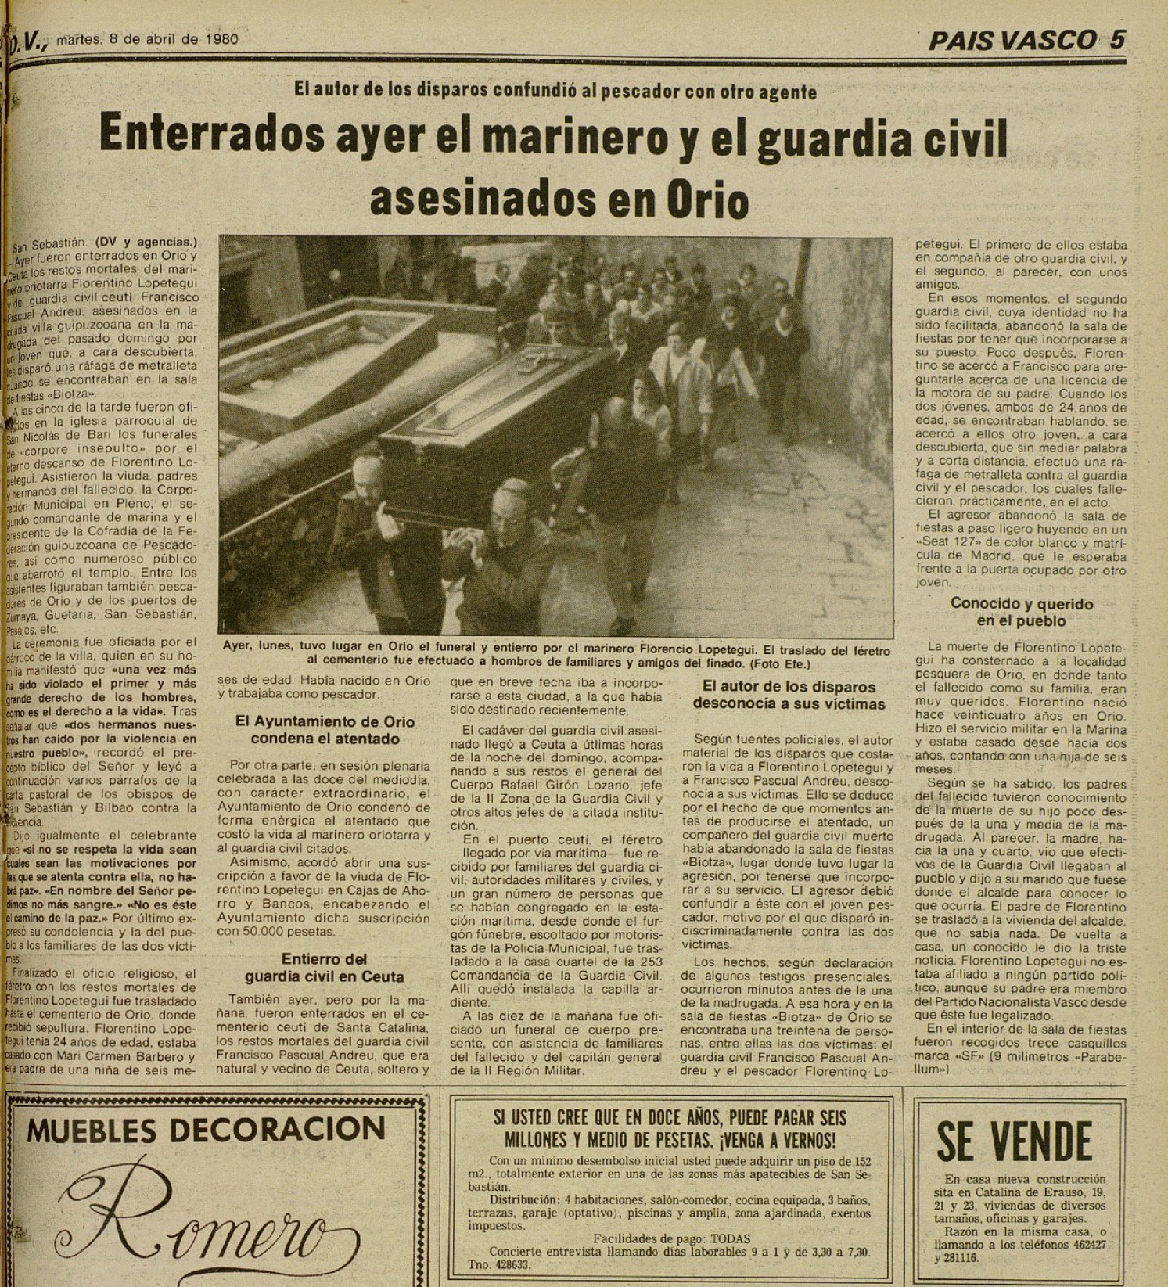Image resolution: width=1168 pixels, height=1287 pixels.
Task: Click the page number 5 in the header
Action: pyautogui.click(x=1116, y=40)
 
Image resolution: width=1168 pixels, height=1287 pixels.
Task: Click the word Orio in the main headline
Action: pyautogui.click(x=707, y=201)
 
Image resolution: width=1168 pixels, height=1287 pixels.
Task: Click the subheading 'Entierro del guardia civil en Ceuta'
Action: pyautogui.click(x=325, y=968)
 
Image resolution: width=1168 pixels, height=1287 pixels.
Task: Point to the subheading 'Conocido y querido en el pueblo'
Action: pyautogui.click(x=1021, y=612)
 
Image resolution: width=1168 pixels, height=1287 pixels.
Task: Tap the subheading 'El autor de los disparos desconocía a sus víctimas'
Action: pyautogui.click(x=788, y=695)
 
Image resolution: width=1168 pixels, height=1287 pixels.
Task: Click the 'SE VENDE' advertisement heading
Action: pyautogui.click(x=1015, y=1141)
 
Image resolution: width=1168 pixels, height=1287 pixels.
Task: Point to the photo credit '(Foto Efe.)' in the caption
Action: pyautogui.click(x=783, y=664)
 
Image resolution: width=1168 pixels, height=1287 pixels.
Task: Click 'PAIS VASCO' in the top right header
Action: pyautogui.click(x=1011, y=41)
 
